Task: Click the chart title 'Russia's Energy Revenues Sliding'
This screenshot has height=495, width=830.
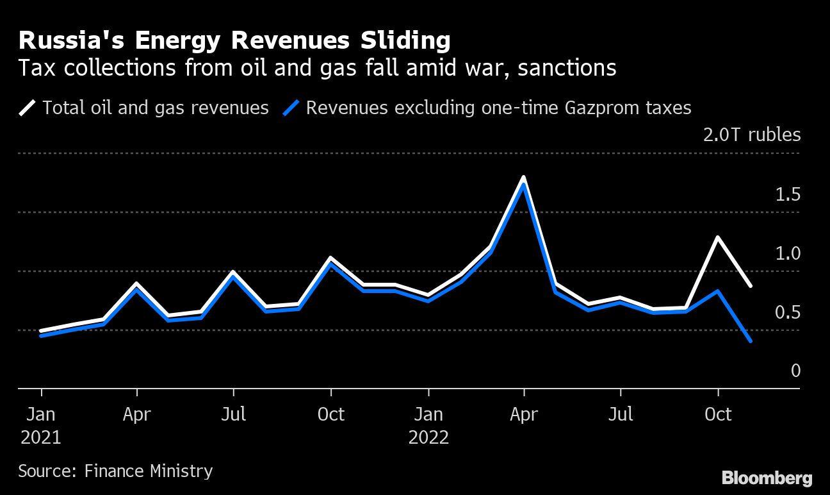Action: click(x=234, y=41)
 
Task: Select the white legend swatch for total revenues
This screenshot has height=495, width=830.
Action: click(x=28, y=107)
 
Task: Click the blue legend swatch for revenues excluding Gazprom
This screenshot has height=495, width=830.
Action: click(x=291, y=107)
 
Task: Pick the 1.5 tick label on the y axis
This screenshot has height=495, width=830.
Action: click(x=788, y=194)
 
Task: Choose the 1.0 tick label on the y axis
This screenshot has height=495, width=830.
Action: click(x=788, y=253)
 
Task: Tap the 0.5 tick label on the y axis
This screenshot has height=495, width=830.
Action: click(x=788, y=312)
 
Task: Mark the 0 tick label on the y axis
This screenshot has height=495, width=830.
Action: click(x=795, y=371)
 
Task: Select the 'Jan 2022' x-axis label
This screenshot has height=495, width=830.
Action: click(x=428, y=426)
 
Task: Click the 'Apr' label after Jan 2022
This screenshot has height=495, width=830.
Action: click(x=525, y=414)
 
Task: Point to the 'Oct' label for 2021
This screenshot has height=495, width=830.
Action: click(x=331, y=414)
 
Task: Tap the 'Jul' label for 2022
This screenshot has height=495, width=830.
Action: click(x=621, y=414)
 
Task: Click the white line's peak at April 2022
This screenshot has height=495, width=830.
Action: click(x=524, y=177)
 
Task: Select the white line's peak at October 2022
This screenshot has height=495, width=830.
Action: click(x=718, y=237)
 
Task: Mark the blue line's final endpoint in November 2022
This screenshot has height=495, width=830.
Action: click(x=750, y=341)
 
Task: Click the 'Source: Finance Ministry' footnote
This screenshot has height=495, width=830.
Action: click(x=115, y=471)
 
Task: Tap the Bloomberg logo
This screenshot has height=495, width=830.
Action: click(x=767, y=478)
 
